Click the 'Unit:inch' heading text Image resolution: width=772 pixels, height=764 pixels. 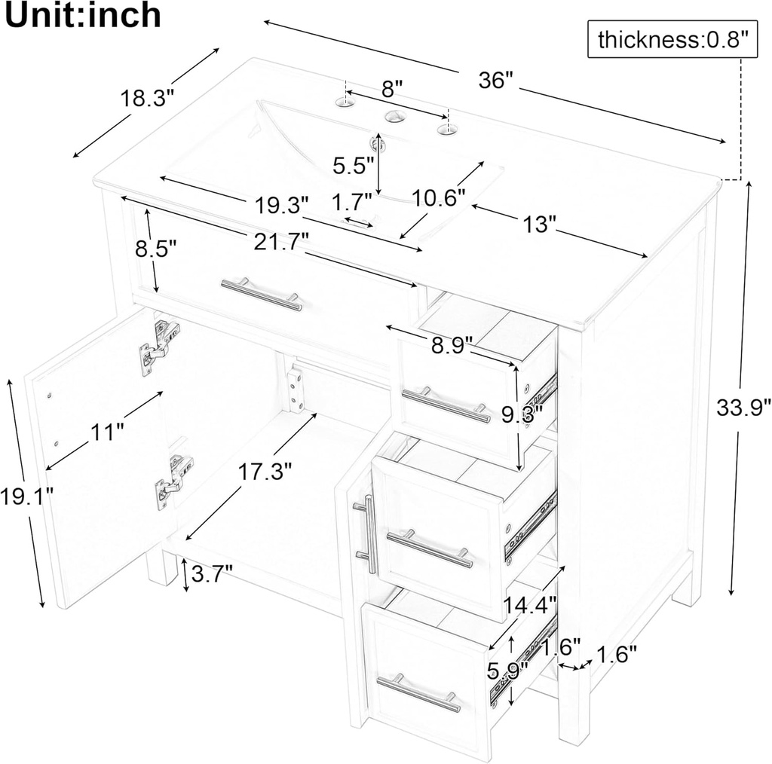click(x=83, y=16)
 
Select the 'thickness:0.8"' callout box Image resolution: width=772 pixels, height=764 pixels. click(x=672, y=40)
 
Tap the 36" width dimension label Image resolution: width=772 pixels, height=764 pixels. click(x=495, y=81)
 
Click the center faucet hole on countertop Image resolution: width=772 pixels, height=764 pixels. click(x=392, y=117)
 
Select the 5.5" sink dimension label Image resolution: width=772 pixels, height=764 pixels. click(x=354, y=165)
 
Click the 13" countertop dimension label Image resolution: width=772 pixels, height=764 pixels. click(x=540, y=222)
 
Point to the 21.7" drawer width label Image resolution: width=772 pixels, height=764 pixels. click(x=283, y=242)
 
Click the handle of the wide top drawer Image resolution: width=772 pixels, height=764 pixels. click(x=262, y=295)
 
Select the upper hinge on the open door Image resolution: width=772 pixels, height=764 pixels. click(x=158, y=347)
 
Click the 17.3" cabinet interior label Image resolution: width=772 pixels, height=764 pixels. click(x=265, y=472)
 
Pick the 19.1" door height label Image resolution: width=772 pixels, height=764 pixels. click(x=26, y=497)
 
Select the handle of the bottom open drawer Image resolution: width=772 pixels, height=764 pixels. click(x=418, y=693)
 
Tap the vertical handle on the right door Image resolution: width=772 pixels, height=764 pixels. click(x=367, y=533)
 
